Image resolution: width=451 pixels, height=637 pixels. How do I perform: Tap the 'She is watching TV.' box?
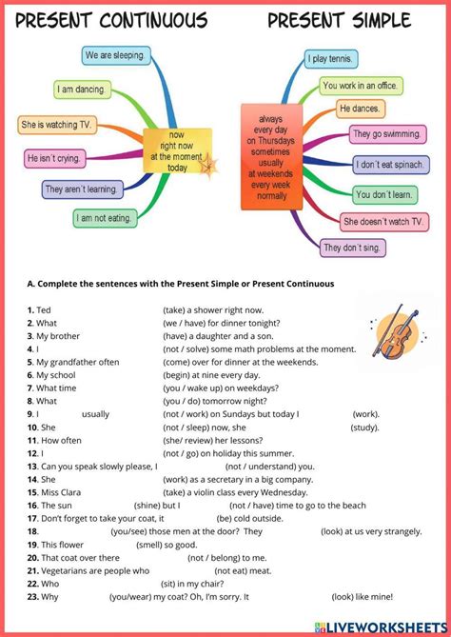57,124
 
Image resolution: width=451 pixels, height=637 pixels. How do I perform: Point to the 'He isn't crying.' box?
55,157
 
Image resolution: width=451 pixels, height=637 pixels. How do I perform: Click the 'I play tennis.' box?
331,59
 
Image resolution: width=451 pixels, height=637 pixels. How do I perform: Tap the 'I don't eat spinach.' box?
390,164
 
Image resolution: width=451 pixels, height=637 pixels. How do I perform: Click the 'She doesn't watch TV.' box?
383,222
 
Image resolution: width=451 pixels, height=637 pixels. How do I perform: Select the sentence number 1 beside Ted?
30,309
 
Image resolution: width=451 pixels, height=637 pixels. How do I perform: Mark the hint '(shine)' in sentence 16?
146,505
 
